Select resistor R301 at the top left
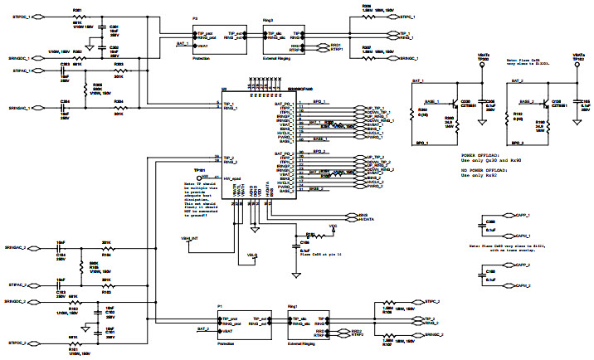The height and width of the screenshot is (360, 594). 77,16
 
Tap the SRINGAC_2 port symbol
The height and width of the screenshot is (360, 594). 17,248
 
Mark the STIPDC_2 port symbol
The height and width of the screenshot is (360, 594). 17,342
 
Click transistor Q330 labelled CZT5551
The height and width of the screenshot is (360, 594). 455,106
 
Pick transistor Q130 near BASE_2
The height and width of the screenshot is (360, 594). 550,106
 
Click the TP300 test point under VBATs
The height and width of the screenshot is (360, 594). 483,61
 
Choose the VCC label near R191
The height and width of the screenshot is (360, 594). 334,225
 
